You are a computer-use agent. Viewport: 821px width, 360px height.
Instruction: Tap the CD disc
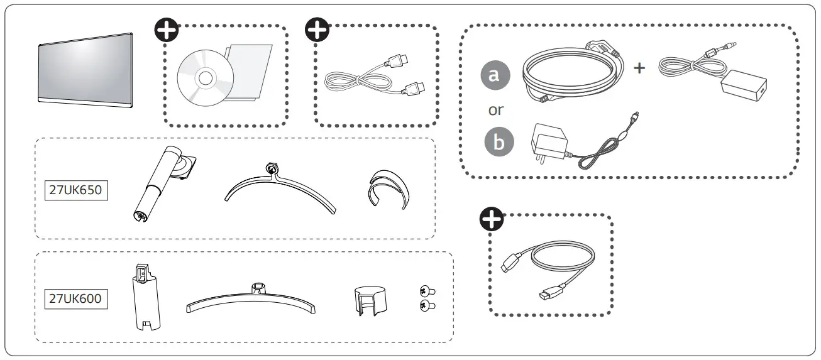205,78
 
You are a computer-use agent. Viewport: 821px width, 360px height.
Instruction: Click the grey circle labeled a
495,75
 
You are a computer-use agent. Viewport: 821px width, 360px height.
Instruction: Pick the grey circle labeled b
499,142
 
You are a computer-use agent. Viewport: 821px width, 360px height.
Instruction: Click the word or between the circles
496,110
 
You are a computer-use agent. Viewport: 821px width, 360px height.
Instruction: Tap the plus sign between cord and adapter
639,68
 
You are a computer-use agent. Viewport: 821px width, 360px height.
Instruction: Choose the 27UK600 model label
75,298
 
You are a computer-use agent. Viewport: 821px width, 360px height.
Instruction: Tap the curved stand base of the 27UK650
279,192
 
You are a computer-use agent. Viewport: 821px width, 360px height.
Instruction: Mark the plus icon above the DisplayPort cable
490,217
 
